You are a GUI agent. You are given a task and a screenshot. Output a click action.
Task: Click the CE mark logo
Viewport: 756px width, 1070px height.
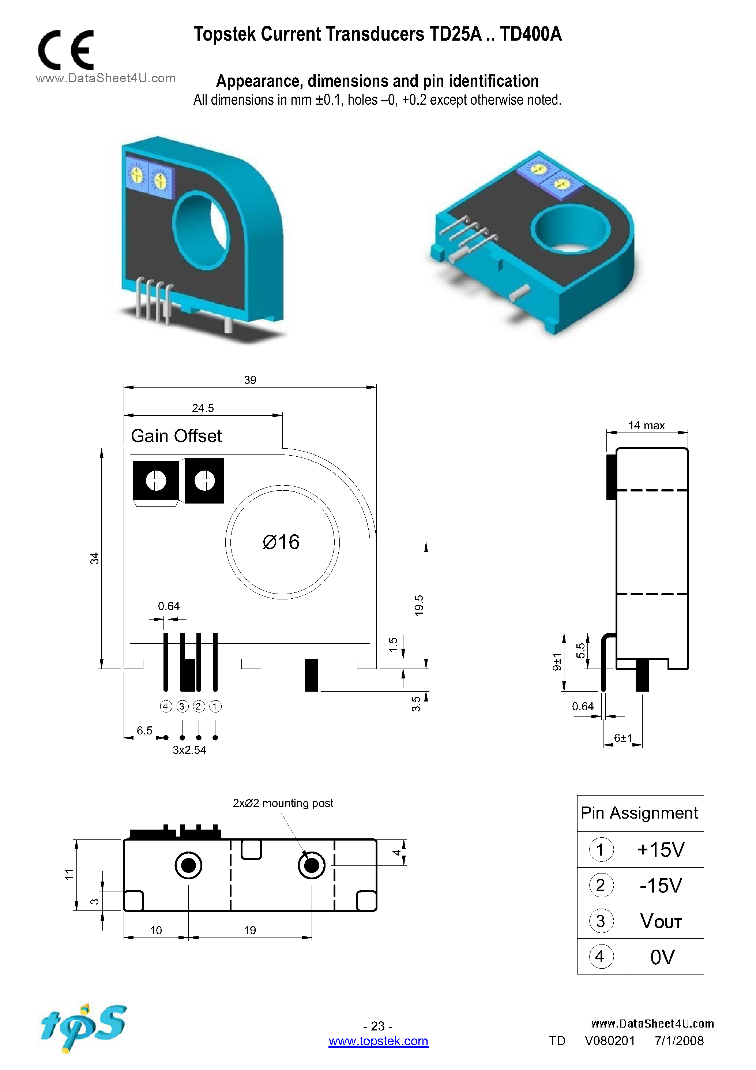(x=66, y=50)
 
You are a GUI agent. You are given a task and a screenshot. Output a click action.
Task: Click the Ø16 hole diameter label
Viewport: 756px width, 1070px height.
(x=281, y=542)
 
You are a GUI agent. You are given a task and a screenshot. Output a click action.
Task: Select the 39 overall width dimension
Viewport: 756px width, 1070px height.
(x=250, y=380)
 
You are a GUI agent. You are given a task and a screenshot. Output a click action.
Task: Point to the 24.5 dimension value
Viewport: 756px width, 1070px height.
(x=203, y=408)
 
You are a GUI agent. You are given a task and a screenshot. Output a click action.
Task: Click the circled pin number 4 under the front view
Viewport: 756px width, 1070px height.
(x=166, y=707)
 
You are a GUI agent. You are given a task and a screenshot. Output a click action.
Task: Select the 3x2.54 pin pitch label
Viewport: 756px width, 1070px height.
(x=189, y=750)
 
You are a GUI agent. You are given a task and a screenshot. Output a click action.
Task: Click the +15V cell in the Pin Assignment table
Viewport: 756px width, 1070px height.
(x=661, y=850)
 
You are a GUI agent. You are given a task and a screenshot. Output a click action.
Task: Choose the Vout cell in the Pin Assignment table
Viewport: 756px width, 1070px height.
(x=661, y=921)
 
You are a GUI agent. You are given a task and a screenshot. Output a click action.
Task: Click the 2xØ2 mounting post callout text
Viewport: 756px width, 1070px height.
(x=283, y=803)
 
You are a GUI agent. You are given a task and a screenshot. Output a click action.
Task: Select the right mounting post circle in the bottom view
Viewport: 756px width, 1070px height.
(x=311, y=865)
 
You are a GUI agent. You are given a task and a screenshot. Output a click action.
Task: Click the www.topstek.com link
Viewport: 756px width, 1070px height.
(x=378, y=1041)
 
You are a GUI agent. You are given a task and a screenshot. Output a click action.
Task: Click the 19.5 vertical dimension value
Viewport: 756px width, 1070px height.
(x=419, y=605)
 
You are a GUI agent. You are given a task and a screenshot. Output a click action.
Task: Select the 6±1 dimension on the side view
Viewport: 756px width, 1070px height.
(x=623, y=738)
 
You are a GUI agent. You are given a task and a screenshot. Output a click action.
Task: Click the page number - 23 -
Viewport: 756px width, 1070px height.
(x=377, y=1026)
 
